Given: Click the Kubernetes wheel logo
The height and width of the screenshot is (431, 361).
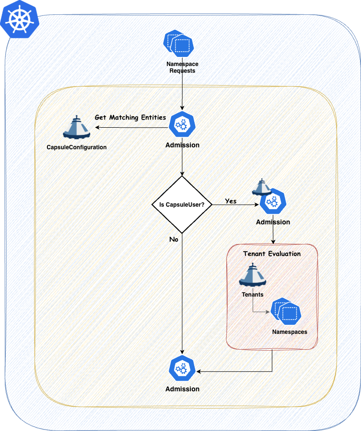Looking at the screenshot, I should tap(19, 19).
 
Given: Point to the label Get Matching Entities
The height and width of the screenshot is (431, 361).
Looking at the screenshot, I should tap(130, 117).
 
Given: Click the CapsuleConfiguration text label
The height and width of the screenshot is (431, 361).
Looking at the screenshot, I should tap(77, 147).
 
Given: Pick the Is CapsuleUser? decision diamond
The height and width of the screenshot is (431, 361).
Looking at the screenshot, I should tap(182, 204).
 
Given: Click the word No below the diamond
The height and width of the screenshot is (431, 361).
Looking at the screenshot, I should tap(175, 238).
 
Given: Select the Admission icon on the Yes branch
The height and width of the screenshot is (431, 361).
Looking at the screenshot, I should tap(273, 202).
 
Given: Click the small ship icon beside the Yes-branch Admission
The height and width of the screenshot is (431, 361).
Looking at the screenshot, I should tap(262, 188).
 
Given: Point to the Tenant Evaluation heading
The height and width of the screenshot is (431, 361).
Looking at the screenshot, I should tap(272, 254).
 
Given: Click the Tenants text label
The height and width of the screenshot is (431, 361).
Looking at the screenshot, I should tap(252, 295).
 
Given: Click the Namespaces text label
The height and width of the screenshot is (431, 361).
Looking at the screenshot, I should tap(289, 332).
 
